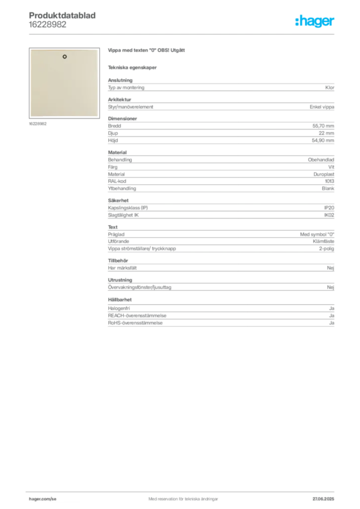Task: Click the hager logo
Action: pos(315,21)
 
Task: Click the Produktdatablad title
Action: pos(62,15)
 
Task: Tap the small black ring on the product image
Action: pos(65,57)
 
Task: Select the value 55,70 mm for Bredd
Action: pos(323,126)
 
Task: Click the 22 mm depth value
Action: pos(326,133)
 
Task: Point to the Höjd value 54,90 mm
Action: pos(323,141)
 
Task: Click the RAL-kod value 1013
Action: pos(330,181)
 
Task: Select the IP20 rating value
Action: pos(329,208)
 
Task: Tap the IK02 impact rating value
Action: pos(329,215)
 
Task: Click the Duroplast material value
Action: pos(324,174)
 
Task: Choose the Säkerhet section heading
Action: pos(118,201)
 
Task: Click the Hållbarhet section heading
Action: pos(120,300)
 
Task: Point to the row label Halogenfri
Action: pos(119,308)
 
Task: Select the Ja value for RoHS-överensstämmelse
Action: pos(332,323)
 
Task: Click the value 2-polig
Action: pos(327,249)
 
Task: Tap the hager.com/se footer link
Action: pos(43,499)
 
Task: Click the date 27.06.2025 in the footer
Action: pos(323,499)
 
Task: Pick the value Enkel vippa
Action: pos(322,107)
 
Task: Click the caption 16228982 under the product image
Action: pos(38,124)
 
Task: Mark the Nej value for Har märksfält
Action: pos(331,268)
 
